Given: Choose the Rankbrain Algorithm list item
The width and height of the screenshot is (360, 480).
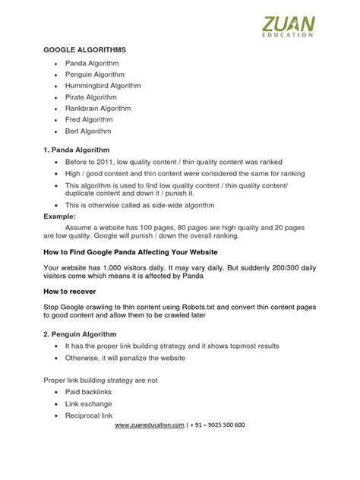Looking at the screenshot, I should coord(104,108).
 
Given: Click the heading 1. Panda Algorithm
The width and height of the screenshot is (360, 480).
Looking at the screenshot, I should coord(77,150).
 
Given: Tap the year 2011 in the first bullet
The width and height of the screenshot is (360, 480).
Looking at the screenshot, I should coord(109,163).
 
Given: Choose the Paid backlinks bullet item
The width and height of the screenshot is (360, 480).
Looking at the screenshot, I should coord(89,391).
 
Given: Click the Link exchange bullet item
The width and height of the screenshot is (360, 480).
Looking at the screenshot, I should coord(88,404).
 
